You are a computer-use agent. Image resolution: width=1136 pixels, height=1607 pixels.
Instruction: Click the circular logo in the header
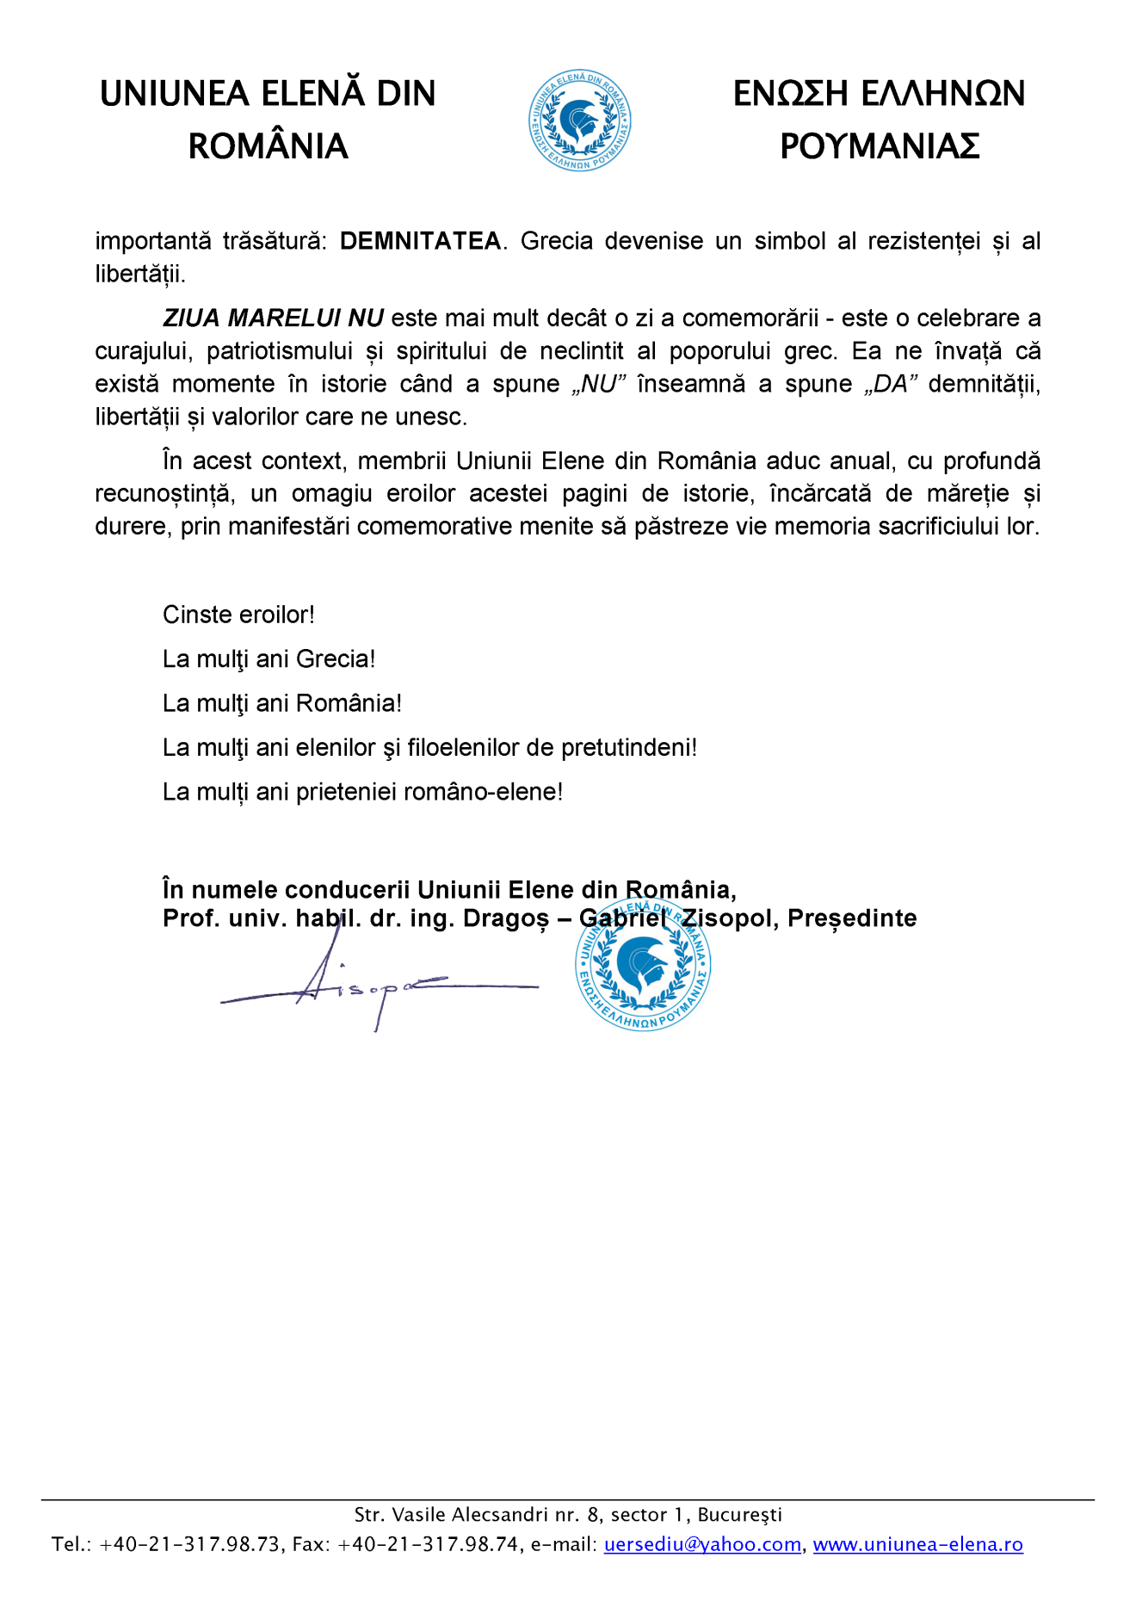click(x=579, y=121)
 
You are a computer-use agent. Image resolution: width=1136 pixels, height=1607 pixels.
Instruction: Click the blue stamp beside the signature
click(x=643, y=964)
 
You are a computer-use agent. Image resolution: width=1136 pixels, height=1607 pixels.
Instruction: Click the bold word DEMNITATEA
click(x=420, y=241)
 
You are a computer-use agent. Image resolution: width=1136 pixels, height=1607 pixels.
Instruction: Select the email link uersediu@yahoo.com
click(x=702, y=1544)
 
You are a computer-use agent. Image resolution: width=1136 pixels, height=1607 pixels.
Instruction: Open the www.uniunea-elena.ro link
click(x=917, y=1544)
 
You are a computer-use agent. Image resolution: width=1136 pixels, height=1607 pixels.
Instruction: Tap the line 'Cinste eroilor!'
click(x=238, y=615)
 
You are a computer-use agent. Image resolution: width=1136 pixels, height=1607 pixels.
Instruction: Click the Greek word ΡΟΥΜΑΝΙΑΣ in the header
click(x=880, y=146)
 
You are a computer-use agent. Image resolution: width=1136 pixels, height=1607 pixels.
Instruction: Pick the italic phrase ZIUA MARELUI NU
click(x=273, y=318)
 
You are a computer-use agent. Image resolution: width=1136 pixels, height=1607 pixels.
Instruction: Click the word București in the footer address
click(x=739, y=1515)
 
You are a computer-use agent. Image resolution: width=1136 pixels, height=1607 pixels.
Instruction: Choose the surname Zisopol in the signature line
click(x=730, y=918)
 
